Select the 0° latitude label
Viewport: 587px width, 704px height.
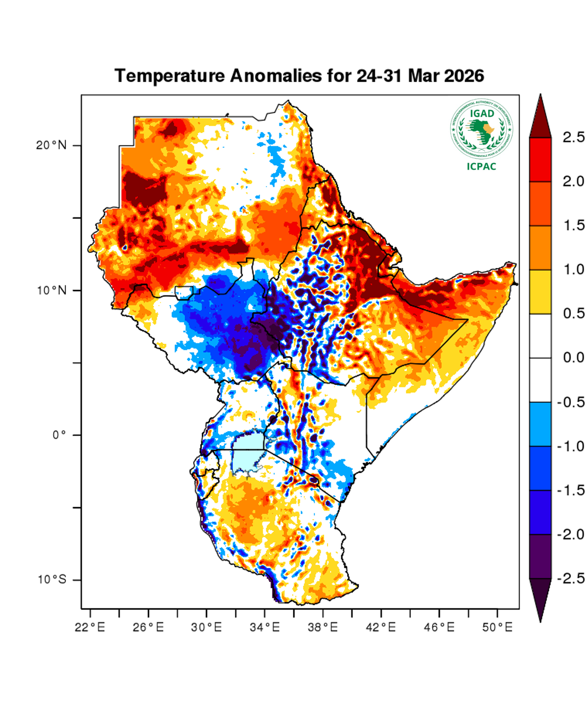pyautogui.click(x=59, y=435)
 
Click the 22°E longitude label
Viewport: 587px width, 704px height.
pyautogui.click(x=90, y=627)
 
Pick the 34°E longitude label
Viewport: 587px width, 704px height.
pyautogui.click(x=265, y=627)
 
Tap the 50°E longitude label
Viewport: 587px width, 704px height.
pyautogui.click(x=497, y=627)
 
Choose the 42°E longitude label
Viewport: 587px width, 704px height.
pyautogui.click(x=381, y=627)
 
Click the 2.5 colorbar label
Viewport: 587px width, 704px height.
pyautogui.click(x=574, y=137)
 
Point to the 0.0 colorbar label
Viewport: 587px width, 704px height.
pyautogui.click(x=574, y=358)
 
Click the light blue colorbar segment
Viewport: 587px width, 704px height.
pyautogui.click(x=540, y=424)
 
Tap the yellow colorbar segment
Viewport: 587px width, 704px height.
pyautogui.click(x=540, y=292)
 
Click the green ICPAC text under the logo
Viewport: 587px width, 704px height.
pyautogui.click(x=481, y=166)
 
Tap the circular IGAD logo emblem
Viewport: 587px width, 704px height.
pyautogui.click(x=481, y=129)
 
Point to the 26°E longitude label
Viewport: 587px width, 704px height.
pyautogui.click(x=148, y=627)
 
